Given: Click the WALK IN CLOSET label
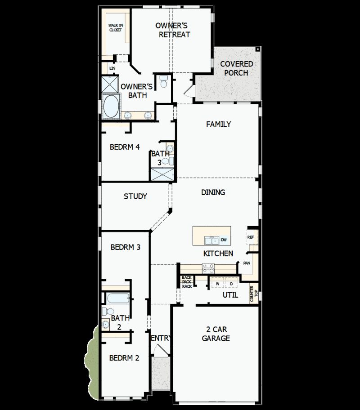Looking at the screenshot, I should pyautogui.click(x=115, y=28).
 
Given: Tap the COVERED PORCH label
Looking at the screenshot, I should pyautogui.click(x=236, y=68).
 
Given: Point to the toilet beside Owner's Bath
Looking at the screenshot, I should pyautogui.click(x=164, y=82).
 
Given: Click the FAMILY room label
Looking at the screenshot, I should pyautogui.click(x=218, y=124).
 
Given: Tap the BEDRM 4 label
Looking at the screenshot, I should pyautogui.click(x=125, y=147).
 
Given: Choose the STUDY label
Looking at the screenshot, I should pyautogui.click(x=135, y=196).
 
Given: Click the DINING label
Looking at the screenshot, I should pyautogui.click(x=213, y=192).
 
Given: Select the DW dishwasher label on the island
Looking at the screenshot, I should pyautogui.click(x=224, y=240).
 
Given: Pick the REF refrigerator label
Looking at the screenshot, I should pyautogui.click(x=251, y=237).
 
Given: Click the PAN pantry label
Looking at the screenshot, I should pyautogui.click(x=247, y=263).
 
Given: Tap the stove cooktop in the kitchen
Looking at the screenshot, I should pyautogui.click(x=208, y=268).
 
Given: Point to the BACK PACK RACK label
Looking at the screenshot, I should pyautogui.click(x=187, y=282).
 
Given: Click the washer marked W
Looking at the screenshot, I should pyautogui.click(x=217, y=284).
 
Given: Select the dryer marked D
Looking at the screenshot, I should pyautogui.click(x=231, y=284).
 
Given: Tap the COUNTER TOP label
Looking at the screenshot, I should pyautogui.click(x=252, y=293).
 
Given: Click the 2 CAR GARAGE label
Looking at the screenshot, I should pyautogui.click(x=216, y=334).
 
